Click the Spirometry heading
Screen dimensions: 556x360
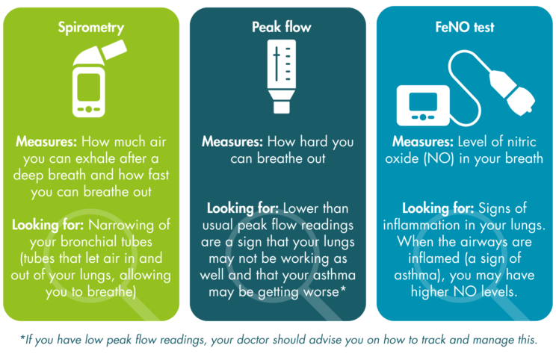pos(91,28)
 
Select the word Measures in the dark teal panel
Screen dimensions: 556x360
pos(231,140)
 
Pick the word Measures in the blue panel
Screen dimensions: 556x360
pos(421,140)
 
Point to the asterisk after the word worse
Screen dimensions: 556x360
pos(342,290)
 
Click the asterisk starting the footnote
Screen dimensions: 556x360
pos(22,338)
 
